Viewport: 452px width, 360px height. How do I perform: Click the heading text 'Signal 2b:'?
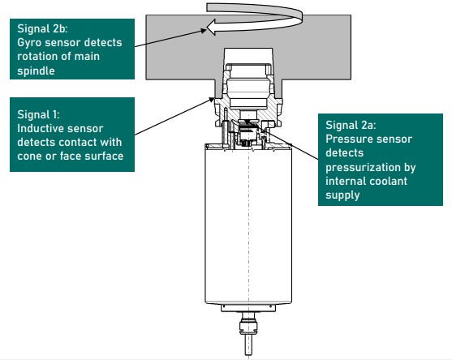42,29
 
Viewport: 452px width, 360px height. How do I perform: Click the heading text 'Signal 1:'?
38,114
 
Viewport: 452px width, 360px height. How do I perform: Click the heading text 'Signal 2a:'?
351,125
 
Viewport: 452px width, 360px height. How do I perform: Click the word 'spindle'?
36,71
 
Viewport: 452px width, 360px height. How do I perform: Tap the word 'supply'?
342,196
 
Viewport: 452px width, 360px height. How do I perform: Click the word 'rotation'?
36,57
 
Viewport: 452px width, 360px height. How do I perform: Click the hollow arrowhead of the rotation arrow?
211,28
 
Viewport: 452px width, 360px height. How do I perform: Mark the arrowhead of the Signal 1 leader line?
212,100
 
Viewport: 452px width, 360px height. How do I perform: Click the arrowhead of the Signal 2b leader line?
204,30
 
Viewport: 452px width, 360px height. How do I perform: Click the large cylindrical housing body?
248,224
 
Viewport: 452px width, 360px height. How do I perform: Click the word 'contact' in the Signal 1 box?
78,142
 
